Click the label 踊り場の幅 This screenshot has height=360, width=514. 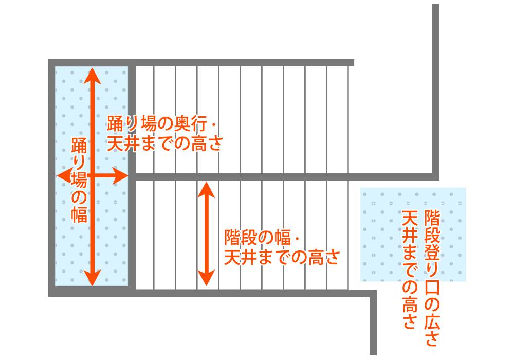tap(79, 180)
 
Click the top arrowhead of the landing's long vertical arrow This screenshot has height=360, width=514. tap(92, 75)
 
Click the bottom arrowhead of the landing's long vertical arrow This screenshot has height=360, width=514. tap(92, 278)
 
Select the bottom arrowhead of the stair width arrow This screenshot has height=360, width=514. tap(206, 279)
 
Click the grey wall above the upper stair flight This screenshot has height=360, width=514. tap(242, 62)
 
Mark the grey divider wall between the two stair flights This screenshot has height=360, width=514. tap(283, 177)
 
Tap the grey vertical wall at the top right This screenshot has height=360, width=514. tap(436, 87)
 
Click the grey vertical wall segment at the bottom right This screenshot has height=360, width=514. tap(374, 324)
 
